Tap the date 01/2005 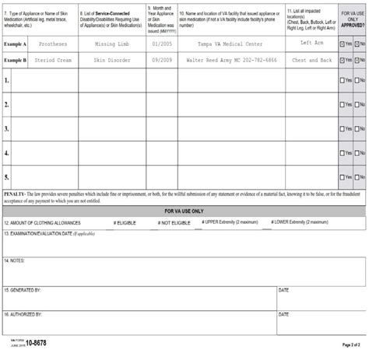[161, 44]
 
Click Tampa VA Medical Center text [230, 44]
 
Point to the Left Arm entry [311, 44]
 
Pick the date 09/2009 [161, 60]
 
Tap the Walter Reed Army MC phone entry [230, 60]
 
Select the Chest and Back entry [311, 60]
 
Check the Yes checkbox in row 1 [343, 80]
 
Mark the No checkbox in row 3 [357, 129]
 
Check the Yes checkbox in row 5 [343, 177]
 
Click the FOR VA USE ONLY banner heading [184, 211]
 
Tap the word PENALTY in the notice [15, 192]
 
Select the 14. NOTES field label [16, 260]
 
